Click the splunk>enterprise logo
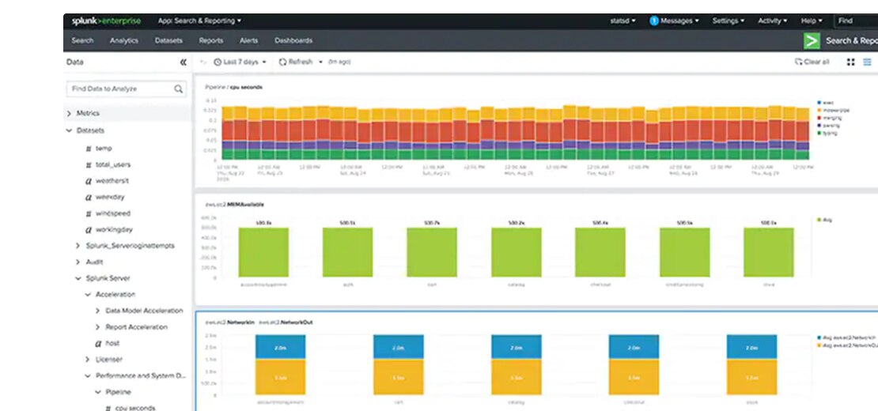[x=107, y=21]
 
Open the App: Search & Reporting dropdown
[x=199, y=21]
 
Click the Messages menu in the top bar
[x=674, y=21]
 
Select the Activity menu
[x=773, y=21]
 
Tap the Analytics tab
[x=124, y=40]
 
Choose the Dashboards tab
[x=293, y=40]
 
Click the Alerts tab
[x=248, y=40]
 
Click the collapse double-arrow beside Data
[x=183, y=62]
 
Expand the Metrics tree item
[x=70, y=114]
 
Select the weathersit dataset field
[x=113, y=181]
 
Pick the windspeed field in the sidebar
[x=112, y=213]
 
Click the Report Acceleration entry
[x=136, y=327]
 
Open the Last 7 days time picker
[x=240, y=62]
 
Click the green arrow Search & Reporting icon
[x=811, y=41]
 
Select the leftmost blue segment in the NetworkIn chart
[x=280, y=347]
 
